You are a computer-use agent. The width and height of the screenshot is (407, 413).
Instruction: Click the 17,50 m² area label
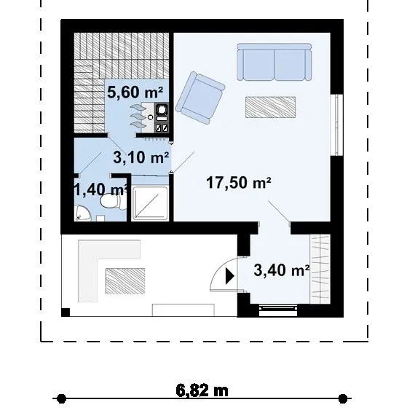(239, 183)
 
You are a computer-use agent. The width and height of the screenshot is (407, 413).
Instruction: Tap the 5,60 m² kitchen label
(135, 93)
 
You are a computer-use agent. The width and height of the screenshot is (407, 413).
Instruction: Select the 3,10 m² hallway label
(141, 157)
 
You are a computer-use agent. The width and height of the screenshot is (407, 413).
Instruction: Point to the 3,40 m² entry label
(282, 270)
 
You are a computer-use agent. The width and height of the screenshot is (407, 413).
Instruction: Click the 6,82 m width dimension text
(202, 390)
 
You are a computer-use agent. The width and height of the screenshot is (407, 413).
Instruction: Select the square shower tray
(149, 203)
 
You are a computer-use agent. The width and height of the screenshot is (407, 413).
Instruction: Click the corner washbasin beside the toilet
(82, 213)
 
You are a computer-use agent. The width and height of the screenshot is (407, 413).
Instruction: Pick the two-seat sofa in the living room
(274, 62)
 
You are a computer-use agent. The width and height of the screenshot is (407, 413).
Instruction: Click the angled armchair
(200, 98)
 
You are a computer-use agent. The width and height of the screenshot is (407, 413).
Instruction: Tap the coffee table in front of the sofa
(270, 107)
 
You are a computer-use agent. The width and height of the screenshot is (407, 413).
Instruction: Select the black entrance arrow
(230, 276)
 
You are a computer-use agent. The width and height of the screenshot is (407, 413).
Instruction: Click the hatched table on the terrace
(125, 281)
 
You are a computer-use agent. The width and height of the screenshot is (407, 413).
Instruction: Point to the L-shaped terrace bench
(88, 271)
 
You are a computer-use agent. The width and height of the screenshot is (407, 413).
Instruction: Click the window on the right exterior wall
(337, 125)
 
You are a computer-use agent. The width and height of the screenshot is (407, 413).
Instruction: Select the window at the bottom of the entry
(278, 310)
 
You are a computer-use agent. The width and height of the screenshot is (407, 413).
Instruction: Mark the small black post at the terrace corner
(66, 312)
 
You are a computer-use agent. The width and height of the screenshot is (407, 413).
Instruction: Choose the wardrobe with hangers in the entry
(320, 269)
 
